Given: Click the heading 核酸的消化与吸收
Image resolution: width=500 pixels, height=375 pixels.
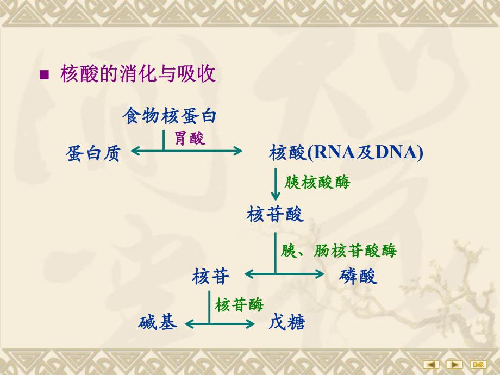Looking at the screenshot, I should pos(138,74).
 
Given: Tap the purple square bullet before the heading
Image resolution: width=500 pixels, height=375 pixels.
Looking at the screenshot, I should pos(45,75).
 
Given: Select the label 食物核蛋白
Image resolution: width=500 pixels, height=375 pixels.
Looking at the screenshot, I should pos(170,116).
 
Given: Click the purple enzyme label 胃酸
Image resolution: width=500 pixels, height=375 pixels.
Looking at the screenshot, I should pos(190,139).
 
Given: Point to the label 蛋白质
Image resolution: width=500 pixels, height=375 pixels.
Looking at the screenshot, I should pos(92,153).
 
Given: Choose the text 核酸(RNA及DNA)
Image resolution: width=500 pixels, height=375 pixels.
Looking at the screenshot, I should pos(346,153).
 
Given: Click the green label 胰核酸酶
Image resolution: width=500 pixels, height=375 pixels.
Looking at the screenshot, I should pos(317,182).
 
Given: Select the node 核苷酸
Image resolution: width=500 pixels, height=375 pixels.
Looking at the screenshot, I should pos(275,214).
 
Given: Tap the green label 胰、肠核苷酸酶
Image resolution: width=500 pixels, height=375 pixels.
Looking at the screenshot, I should pos(339,251).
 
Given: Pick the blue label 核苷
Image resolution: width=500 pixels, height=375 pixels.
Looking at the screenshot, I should pos(211,277).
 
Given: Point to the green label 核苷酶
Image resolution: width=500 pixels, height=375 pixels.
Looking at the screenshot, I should pos(239,304).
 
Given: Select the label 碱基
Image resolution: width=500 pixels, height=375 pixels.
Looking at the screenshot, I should pos(158,323).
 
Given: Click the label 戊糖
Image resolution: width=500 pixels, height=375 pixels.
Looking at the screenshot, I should pos(287,323).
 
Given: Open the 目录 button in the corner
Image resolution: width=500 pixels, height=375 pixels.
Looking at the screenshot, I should pos(479,364).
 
